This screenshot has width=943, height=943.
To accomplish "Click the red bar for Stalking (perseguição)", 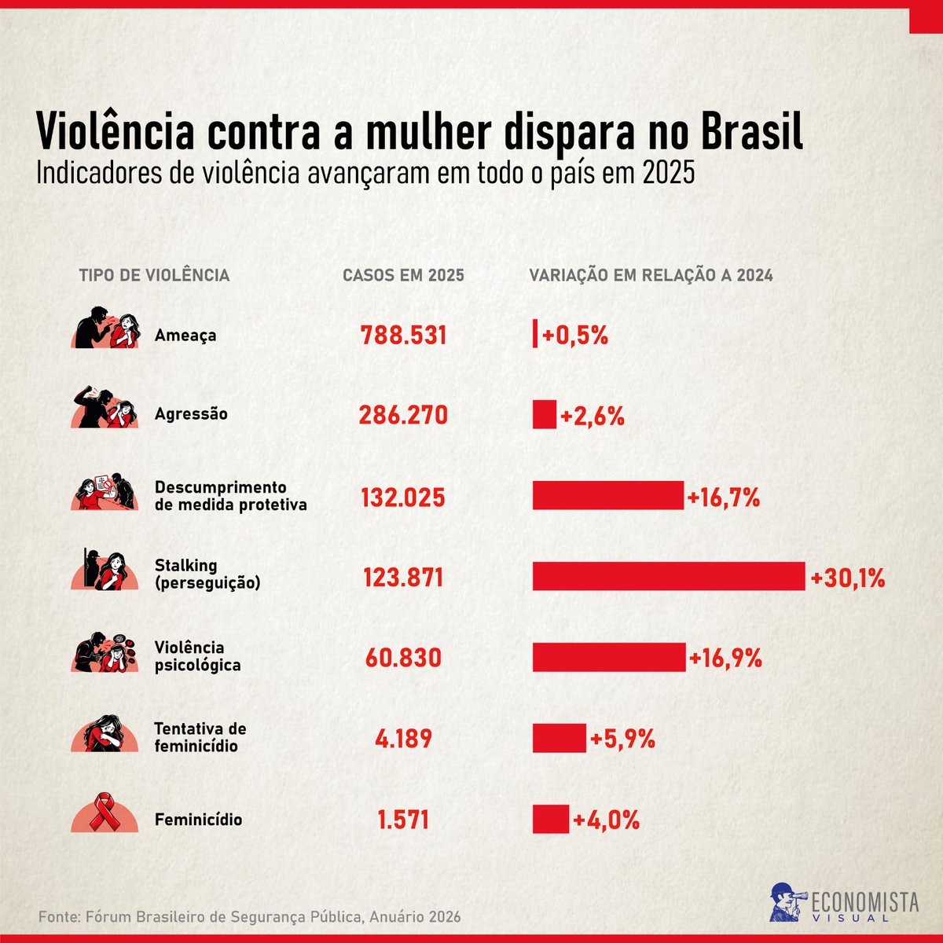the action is pos(669,576).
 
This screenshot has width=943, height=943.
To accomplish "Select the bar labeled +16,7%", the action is pos(607,495).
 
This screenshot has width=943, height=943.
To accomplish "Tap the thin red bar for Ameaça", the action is pos(535,333).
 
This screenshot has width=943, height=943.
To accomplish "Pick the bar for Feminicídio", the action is pos(551,819).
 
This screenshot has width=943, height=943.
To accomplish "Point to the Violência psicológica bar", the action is pos(609,657).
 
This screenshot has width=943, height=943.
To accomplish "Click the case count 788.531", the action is pos(403,336).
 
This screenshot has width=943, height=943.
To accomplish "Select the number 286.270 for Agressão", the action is pos(403,416).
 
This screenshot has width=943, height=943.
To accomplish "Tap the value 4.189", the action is pos(403,739).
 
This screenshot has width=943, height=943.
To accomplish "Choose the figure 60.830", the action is pos(403,658).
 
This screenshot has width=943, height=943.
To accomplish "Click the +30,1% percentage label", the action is pos(848,578).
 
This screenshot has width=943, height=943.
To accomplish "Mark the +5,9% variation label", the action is pos(622,739).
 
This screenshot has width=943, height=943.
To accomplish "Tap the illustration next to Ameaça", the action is pos(106,327).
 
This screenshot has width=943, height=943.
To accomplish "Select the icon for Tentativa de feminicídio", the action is pos(105,733).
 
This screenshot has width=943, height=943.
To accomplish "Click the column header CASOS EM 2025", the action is pos(403,276).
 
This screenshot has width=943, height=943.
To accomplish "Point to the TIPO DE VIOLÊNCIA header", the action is pos(155,275).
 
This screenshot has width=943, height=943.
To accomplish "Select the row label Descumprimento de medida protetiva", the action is pos(230,496).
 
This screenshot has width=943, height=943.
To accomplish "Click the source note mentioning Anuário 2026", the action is pos(250,916).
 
